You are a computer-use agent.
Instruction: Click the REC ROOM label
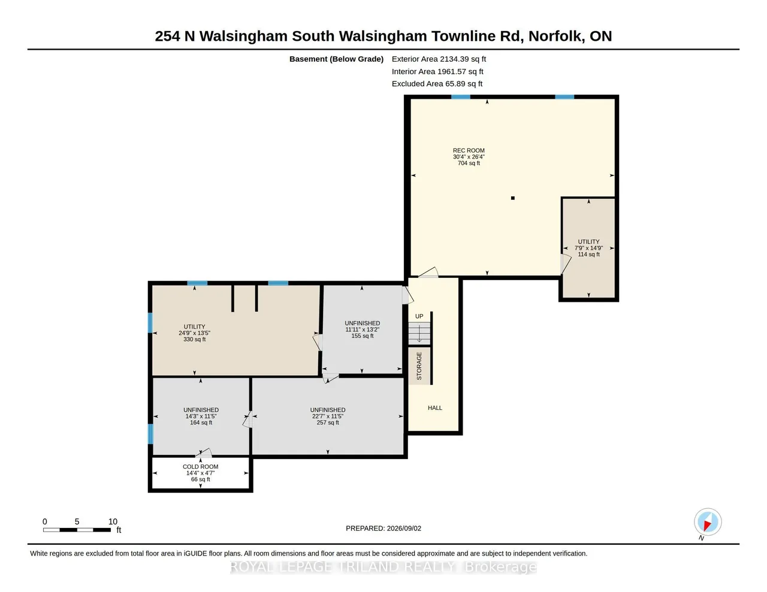(469, 151)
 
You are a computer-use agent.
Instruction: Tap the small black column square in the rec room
(513, 198)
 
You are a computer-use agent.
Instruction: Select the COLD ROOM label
(201, 466)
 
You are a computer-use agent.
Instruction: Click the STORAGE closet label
(419, 366)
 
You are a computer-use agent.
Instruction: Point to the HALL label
(435, 408)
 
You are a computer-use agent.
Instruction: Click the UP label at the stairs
(419, 316)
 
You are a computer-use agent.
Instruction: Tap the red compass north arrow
(707, 526)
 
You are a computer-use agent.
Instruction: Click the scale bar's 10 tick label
(113, 522)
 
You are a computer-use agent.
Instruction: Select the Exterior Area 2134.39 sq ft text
(439, 59)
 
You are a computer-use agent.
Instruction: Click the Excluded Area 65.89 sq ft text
(437, 84)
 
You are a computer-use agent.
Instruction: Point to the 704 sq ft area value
(469, 163)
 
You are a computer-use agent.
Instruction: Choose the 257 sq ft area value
(328, 423)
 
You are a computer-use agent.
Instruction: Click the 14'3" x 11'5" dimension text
(201, 416)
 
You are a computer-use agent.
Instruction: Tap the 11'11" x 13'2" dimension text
(363, 329)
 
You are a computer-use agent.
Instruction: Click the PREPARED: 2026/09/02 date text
(383, 528)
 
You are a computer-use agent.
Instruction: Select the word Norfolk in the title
(555, 37)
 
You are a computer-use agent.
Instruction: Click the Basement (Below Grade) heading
(336, 59)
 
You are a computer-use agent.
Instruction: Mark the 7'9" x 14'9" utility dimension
(589, 248)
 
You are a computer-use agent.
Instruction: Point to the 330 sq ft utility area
(195, 339)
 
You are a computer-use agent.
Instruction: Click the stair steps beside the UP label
(419, 333)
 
